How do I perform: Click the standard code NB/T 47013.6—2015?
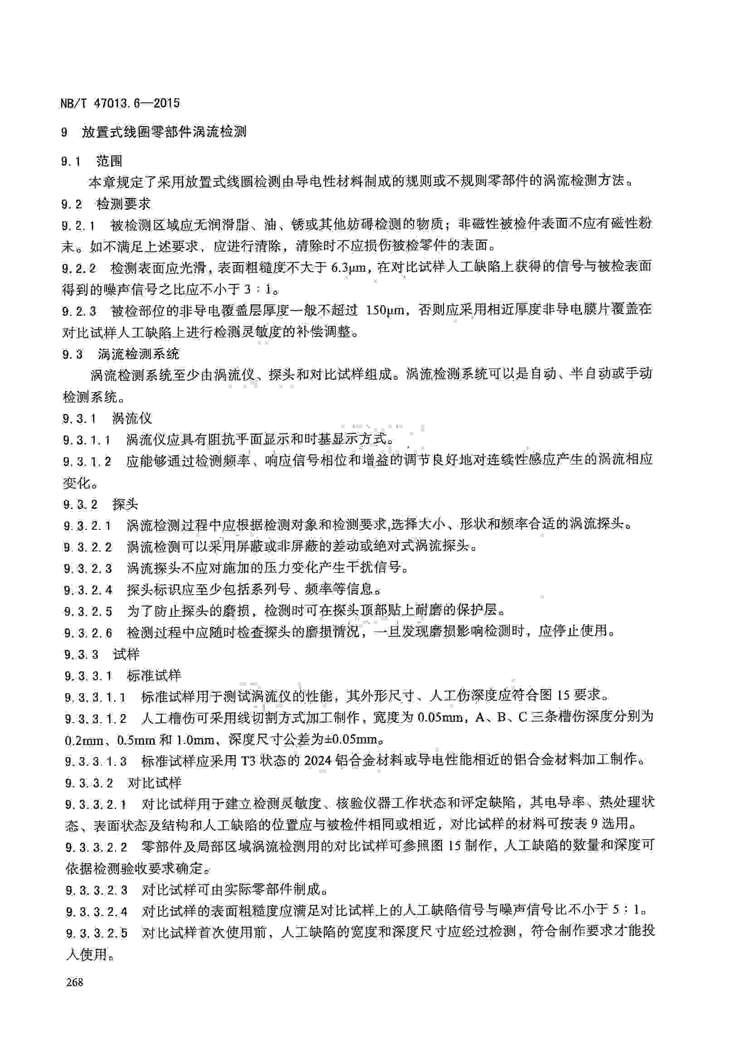click(x=120, y=103)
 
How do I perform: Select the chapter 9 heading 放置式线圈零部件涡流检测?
click(x=164, y=132)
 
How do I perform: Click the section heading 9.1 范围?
click(x=92, y=161)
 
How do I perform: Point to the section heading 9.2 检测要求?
click(x=106, y=204)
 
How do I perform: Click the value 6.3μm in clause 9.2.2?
click(x=349, y=267)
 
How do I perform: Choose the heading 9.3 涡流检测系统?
click(x=121, y=354)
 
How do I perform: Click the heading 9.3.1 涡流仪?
click(x=107, y=418)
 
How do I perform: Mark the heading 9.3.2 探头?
click(x=101, y=504)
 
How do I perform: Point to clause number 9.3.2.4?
click(x=88, y=590)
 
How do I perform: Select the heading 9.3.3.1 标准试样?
click(x=123, y=675)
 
